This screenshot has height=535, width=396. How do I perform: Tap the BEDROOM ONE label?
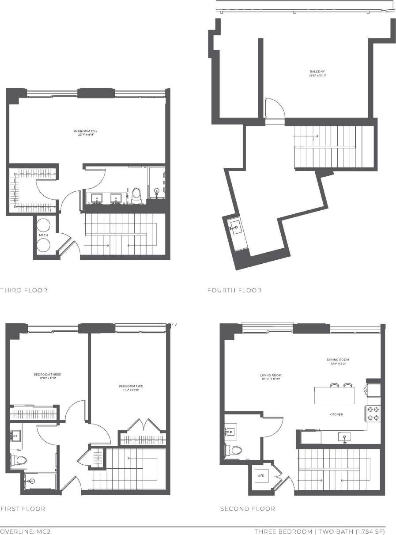click(x=85, y=131)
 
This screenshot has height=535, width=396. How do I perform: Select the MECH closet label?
click(x=43, y=235)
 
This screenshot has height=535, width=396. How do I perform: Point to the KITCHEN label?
click(x=336, y=414)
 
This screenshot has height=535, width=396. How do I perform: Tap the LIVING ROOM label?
click(x=270, y=376)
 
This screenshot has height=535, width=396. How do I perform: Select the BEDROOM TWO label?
click(x=132, y=386)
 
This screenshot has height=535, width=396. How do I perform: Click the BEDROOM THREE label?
click(x=47, y=375)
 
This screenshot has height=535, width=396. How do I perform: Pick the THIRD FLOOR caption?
click(x=24, y=290)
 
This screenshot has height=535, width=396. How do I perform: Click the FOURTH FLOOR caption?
click(x=234, y=290)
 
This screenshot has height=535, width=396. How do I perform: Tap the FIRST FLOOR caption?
click(x=23, y=508)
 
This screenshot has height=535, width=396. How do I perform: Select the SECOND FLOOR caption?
click(x=248, y=508)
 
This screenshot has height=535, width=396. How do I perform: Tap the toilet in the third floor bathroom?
click(x=136, y=194)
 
